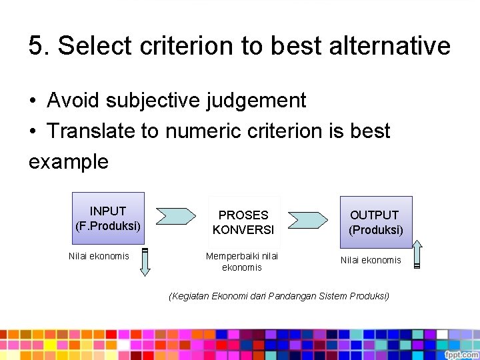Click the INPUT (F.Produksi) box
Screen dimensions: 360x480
[108, 218]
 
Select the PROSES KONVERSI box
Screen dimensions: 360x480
[243, 222]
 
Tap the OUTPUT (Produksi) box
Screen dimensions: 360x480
[376, 222]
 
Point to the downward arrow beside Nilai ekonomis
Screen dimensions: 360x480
[145, 262]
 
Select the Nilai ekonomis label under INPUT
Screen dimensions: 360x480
[99, 256]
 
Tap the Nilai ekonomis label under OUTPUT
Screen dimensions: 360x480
[371, 260]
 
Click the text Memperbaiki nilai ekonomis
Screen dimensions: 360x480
[242, 261]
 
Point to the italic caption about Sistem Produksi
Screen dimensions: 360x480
[279, 296]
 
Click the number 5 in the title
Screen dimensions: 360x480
[36, 46]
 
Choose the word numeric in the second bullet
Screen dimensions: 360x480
[204, 131]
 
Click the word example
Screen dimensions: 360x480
[68, 161]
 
